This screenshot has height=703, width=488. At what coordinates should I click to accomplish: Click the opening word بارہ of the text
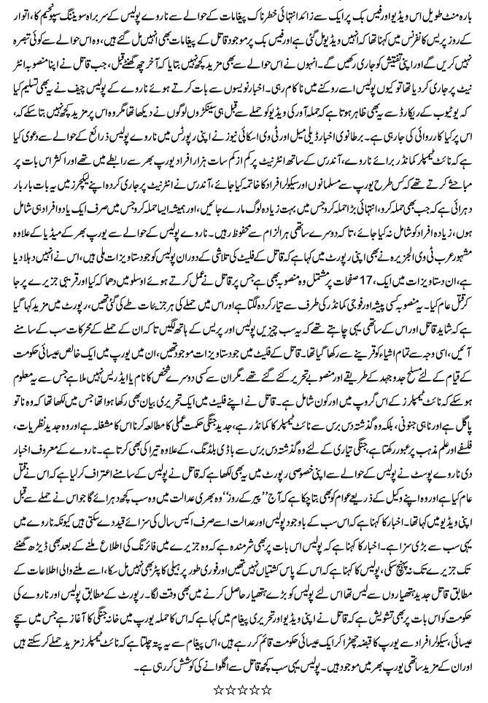(x=468, y=12)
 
